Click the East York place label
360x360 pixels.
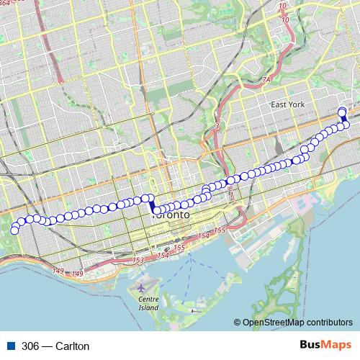point(289,105)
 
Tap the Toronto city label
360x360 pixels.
point(171,215)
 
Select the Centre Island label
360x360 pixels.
point(148,302)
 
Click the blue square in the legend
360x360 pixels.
point(11,346)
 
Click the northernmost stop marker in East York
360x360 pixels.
point(342,111)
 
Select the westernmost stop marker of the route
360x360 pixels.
point(14,230)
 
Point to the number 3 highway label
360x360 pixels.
point(215,127)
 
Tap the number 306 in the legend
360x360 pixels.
point(31,346)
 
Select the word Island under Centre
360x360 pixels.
point(148,307)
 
